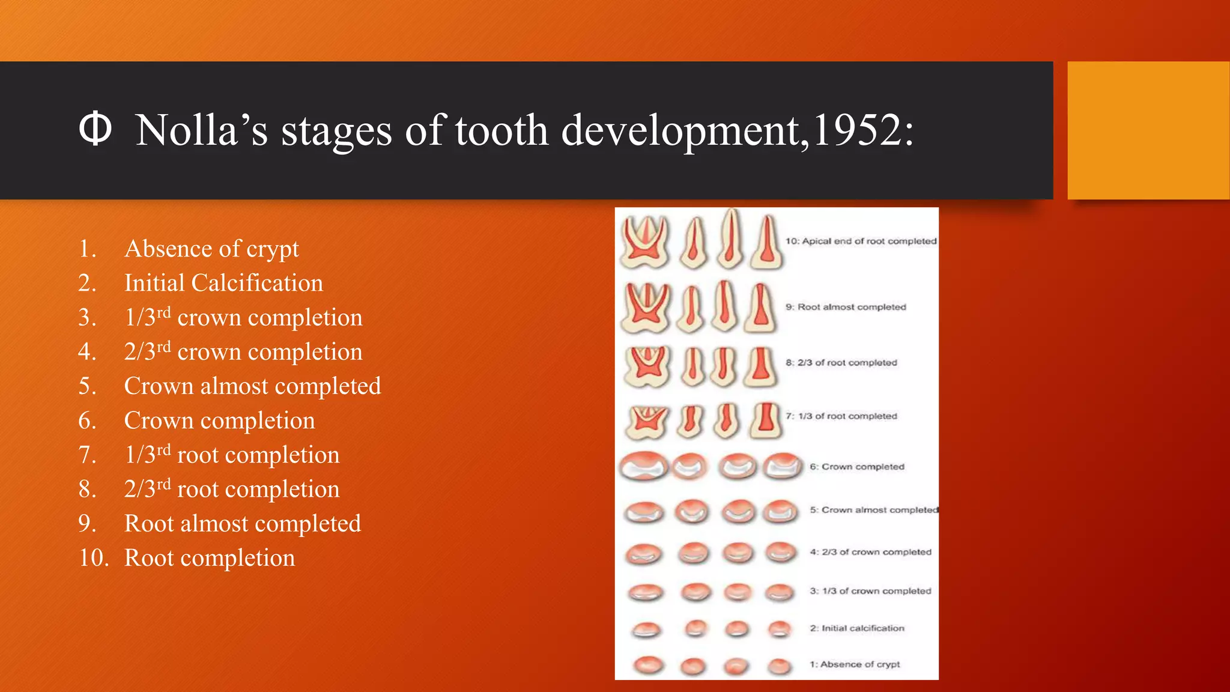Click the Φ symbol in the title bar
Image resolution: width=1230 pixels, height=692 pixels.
(x=95, y=129)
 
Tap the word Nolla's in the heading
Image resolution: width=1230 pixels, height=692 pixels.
(x=202, y=130)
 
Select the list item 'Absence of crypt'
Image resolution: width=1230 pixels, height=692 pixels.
(x=211, y=249)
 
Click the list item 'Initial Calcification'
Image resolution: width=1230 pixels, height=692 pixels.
(x=223, y=283)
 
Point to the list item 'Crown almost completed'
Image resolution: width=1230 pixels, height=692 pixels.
(x=252, y=386)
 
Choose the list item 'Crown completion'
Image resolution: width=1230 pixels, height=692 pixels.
(x=219, y=420)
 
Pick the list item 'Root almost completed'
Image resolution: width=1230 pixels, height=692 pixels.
(x=242, y=524)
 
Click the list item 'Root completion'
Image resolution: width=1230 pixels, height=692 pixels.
(x=210, y=558)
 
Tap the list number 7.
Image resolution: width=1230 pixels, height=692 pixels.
(x=88, y=455)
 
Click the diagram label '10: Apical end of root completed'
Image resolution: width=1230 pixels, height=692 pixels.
(x=861, y=241)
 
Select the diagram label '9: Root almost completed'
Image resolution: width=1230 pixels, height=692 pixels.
(x=846, y=307)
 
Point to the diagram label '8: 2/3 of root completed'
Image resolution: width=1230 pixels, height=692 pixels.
(x=841, y=363)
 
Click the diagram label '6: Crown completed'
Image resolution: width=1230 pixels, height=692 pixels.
(x=857, y=467)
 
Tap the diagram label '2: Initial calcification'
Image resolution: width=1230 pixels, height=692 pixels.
(x=857, y=628)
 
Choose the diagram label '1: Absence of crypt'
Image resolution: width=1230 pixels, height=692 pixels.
(x=855, y=664)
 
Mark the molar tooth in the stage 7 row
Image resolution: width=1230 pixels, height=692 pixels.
(x=646, y=420)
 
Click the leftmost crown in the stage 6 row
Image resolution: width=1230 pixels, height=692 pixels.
(x=643, y=466)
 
